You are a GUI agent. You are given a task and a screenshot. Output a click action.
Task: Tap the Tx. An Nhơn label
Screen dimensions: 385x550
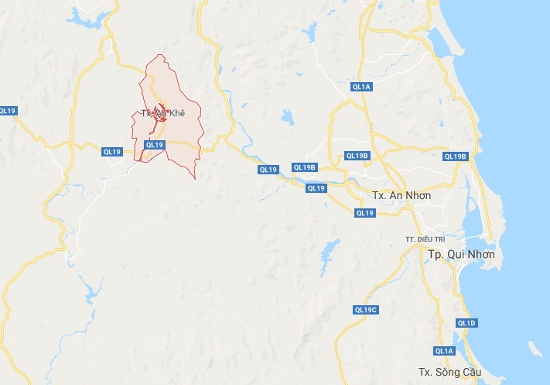401,195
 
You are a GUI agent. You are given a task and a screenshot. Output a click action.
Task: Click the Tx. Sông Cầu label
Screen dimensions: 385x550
445,371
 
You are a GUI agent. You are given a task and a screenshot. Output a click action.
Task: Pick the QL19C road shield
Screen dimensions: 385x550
365,310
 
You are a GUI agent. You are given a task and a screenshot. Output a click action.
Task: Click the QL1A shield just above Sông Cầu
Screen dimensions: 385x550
444,351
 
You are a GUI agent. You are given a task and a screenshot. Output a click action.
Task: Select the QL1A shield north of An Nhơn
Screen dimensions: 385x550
361,88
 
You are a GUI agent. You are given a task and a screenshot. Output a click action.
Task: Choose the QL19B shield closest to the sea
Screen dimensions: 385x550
455,156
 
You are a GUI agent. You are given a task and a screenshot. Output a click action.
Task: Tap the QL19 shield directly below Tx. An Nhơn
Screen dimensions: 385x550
365,212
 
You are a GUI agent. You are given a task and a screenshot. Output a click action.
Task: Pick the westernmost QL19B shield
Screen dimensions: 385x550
305,167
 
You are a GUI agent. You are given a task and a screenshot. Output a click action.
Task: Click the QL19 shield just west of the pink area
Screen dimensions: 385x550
112,153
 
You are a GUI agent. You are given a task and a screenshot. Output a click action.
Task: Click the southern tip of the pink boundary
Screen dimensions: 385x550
194,178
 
